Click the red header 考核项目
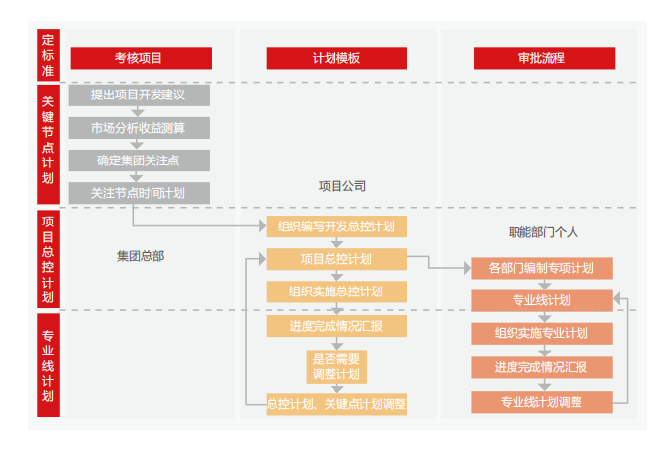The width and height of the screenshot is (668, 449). click(x=138, y=58)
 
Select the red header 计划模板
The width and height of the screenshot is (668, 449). click(x=335, y=58)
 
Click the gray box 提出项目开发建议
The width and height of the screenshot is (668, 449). click(x=138, y=96)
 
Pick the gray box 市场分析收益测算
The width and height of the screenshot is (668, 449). click(x=138, y=128)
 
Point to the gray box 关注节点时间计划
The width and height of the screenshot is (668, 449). click(x=138, y=193)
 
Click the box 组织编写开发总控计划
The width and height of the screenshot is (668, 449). click(x=335, y=226)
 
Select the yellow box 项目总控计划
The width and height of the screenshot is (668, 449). click(x=335, y=259)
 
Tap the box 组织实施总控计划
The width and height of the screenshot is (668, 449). click(x=335, y=291)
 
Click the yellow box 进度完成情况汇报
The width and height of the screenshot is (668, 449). click(x=335, y=326)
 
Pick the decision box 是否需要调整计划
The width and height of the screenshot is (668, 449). click(x=335, y=365)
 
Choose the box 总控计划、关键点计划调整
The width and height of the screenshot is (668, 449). click(x=335, y=403)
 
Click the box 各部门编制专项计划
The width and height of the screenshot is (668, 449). click(x=541, y=268)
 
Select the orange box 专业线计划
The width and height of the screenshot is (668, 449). click(x=541, y=300)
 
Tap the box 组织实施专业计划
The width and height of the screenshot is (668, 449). click(x=541, y=333)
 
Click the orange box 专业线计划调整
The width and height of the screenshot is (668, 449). click(x=541, y=401)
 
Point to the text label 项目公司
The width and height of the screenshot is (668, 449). click(x=341, y=184)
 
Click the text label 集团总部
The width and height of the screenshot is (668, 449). click(x=141, y=256)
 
